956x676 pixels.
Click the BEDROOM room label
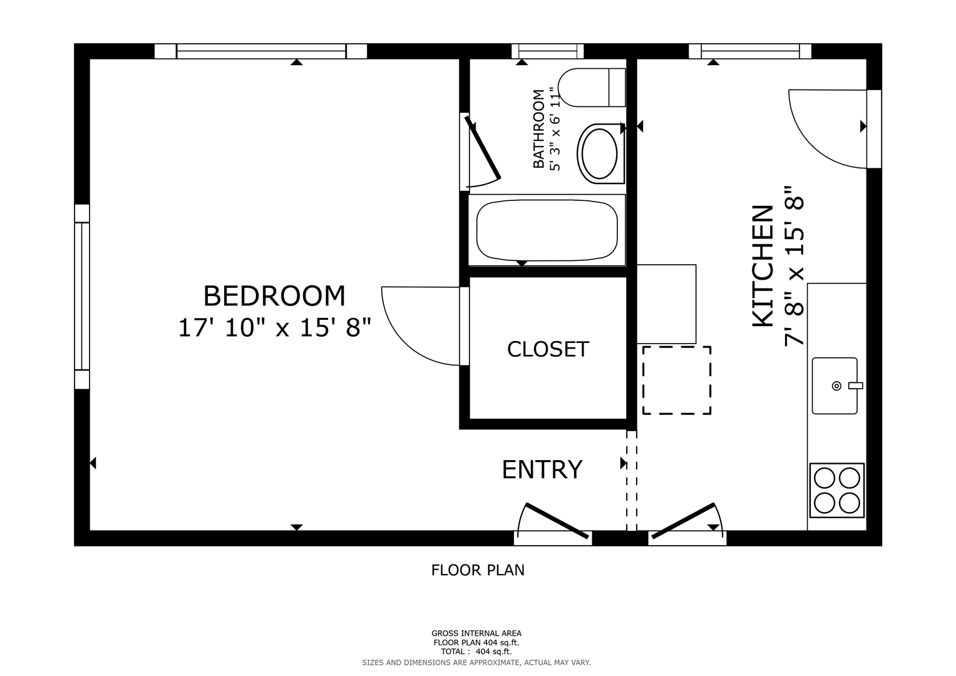pos(274,295)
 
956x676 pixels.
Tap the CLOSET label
pos(548,349)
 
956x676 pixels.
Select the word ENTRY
pos(542,469)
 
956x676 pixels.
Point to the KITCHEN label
pos(763,267)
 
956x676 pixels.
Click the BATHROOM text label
pos(538,129)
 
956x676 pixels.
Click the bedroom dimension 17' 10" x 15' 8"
pos(274,328)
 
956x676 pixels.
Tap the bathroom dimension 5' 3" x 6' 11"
pos(555,129)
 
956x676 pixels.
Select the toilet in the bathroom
pos(592,88)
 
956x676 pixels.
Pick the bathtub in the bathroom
pos(547,230)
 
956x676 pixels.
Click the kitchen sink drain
pos(836,386)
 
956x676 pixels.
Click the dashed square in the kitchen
pos(676,381)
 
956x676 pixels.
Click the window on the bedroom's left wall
pos(82,297)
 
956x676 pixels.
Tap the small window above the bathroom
pos(548,51)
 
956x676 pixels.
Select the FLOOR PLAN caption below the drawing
pos(478,571)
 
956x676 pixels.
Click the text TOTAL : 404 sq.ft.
pos(476,652)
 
